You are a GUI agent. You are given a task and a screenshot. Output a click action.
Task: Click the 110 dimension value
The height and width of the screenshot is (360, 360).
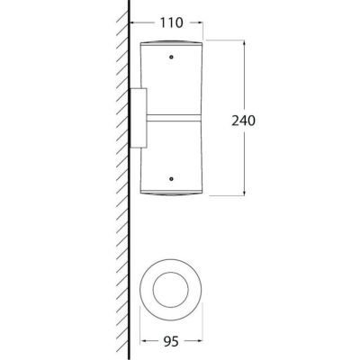point(171,22)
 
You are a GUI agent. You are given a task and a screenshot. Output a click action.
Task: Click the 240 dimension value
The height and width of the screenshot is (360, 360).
point(243,121)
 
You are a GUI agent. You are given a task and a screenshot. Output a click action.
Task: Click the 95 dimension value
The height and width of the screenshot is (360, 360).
point(171,341)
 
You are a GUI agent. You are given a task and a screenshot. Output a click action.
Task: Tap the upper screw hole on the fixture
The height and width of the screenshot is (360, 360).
point(171,57)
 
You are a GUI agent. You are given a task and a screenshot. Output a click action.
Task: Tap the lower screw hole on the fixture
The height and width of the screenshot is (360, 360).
point(171,179)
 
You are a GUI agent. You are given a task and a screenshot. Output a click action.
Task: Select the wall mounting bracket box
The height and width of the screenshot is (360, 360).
point(138,118)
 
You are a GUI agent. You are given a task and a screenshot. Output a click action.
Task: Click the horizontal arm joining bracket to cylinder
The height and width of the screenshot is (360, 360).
point(174,118)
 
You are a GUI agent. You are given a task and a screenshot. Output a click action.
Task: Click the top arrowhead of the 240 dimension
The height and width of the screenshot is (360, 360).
point(245,43)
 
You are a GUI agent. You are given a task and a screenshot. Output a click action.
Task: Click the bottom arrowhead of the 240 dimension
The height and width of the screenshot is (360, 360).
point(245,192)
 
